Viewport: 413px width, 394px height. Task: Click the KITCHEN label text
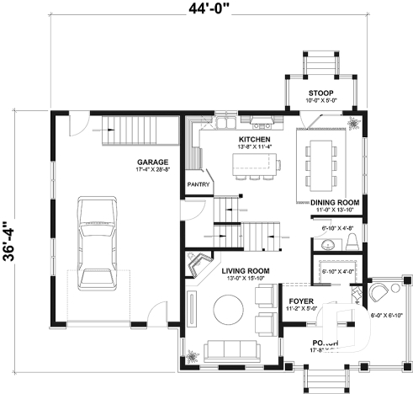[x=254, y=139]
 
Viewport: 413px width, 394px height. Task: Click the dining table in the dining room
[x=323, y=163]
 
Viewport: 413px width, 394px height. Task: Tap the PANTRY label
[x=198, y=182]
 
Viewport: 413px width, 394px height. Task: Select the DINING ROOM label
[x=335, y=203]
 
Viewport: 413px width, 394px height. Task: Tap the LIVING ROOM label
[x=245, y=271]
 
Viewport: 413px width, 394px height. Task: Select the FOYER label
[x=301, y=300]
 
